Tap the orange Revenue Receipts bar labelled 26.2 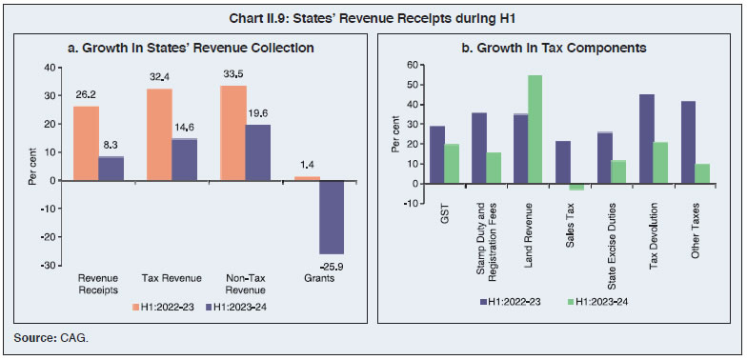click(86, 143)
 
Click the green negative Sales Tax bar click(575, 188)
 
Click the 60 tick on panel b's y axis click(411, 66)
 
